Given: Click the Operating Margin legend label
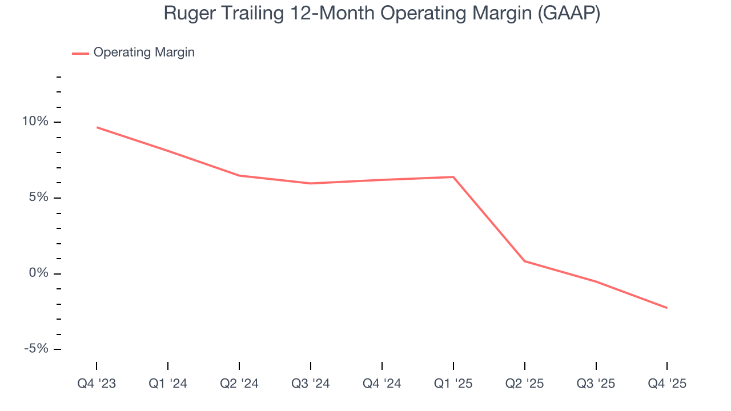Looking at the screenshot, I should point(144,53).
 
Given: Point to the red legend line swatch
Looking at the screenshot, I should point(81,53).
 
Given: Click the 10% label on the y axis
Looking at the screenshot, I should point(35,122).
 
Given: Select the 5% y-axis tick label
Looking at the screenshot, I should point(38,198).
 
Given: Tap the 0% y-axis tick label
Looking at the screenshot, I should point(38,273).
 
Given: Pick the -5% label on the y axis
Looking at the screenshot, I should point(36,349).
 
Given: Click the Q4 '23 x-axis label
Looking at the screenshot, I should point(97,384).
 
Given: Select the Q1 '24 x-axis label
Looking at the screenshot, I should point(168,384).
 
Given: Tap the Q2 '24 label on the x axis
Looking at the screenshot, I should point(239,384).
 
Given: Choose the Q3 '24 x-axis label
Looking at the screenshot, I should point(311,384).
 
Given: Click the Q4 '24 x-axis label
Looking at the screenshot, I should point(381,384).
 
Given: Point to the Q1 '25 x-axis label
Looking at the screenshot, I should point(453,384).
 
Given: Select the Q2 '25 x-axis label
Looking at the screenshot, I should point(524,384).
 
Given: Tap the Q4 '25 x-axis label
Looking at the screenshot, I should point(666,384).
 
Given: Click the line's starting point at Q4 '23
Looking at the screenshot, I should point(97,127).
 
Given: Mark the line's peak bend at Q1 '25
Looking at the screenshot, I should point(453,177).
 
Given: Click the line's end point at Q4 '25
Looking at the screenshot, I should point(666,308).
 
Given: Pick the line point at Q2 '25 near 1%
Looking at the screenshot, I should point(524,261).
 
